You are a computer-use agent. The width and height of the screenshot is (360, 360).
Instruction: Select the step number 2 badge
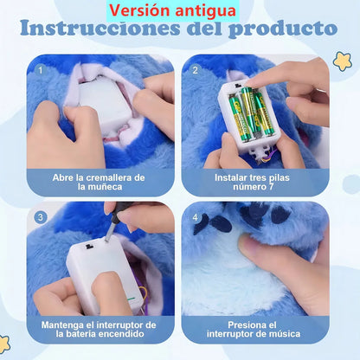(195, 69)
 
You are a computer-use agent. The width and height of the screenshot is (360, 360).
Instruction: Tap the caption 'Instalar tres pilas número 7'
(255, 181)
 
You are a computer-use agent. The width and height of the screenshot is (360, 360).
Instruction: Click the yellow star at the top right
(342, 61)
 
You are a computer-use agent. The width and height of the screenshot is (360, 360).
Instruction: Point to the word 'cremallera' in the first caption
(109, 176)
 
